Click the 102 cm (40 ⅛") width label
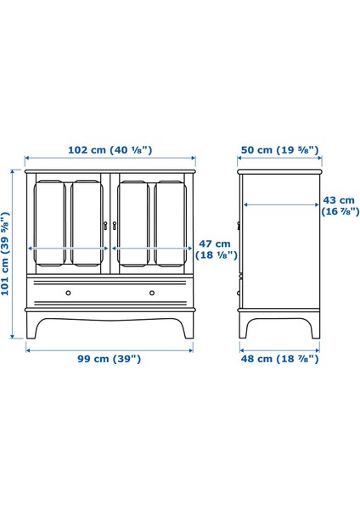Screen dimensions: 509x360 click(110, 150)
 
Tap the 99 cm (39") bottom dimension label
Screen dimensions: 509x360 click(110, 359)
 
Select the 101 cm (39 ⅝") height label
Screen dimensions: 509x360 click(7, 253)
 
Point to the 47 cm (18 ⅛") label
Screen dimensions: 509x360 click(217, 249)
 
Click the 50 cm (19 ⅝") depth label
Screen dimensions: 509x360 click(279, 150)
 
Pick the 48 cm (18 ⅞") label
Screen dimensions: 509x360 click(279, 359)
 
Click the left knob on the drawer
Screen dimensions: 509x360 click(67, 293)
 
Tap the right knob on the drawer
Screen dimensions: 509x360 click(152, 293)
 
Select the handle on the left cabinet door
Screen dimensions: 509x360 click(105, 225)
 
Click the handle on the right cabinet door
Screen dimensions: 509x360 click(115, 225)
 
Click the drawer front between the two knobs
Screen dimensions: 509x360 click(110, 293)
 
